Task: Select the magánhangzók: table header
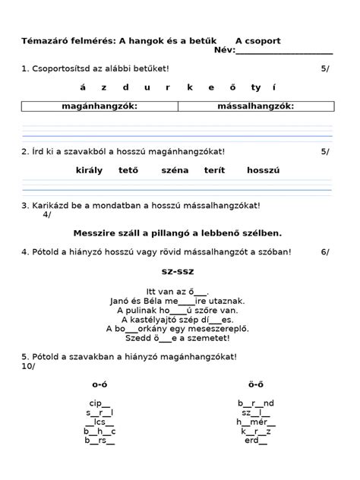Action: point(99,106)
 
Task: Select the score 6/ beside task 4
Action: point(325,251)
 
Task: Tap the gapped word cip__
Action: point(99,403)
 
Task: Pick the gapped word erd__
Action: point(255,441)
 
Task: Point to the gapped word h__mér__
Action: point(256,422)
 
